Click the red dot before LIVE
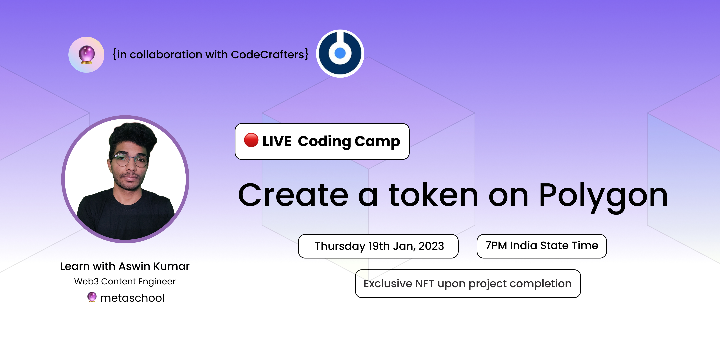[251, 140]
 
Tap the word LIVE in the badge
[277, 141]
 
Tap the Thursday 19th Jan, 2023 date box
[378, 246]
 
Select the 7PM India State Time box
[542, 246]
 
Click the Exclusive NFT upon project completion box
[468, 284]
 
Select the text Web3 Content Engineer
[125, 282]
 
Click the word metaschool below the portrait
[132, 298]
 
